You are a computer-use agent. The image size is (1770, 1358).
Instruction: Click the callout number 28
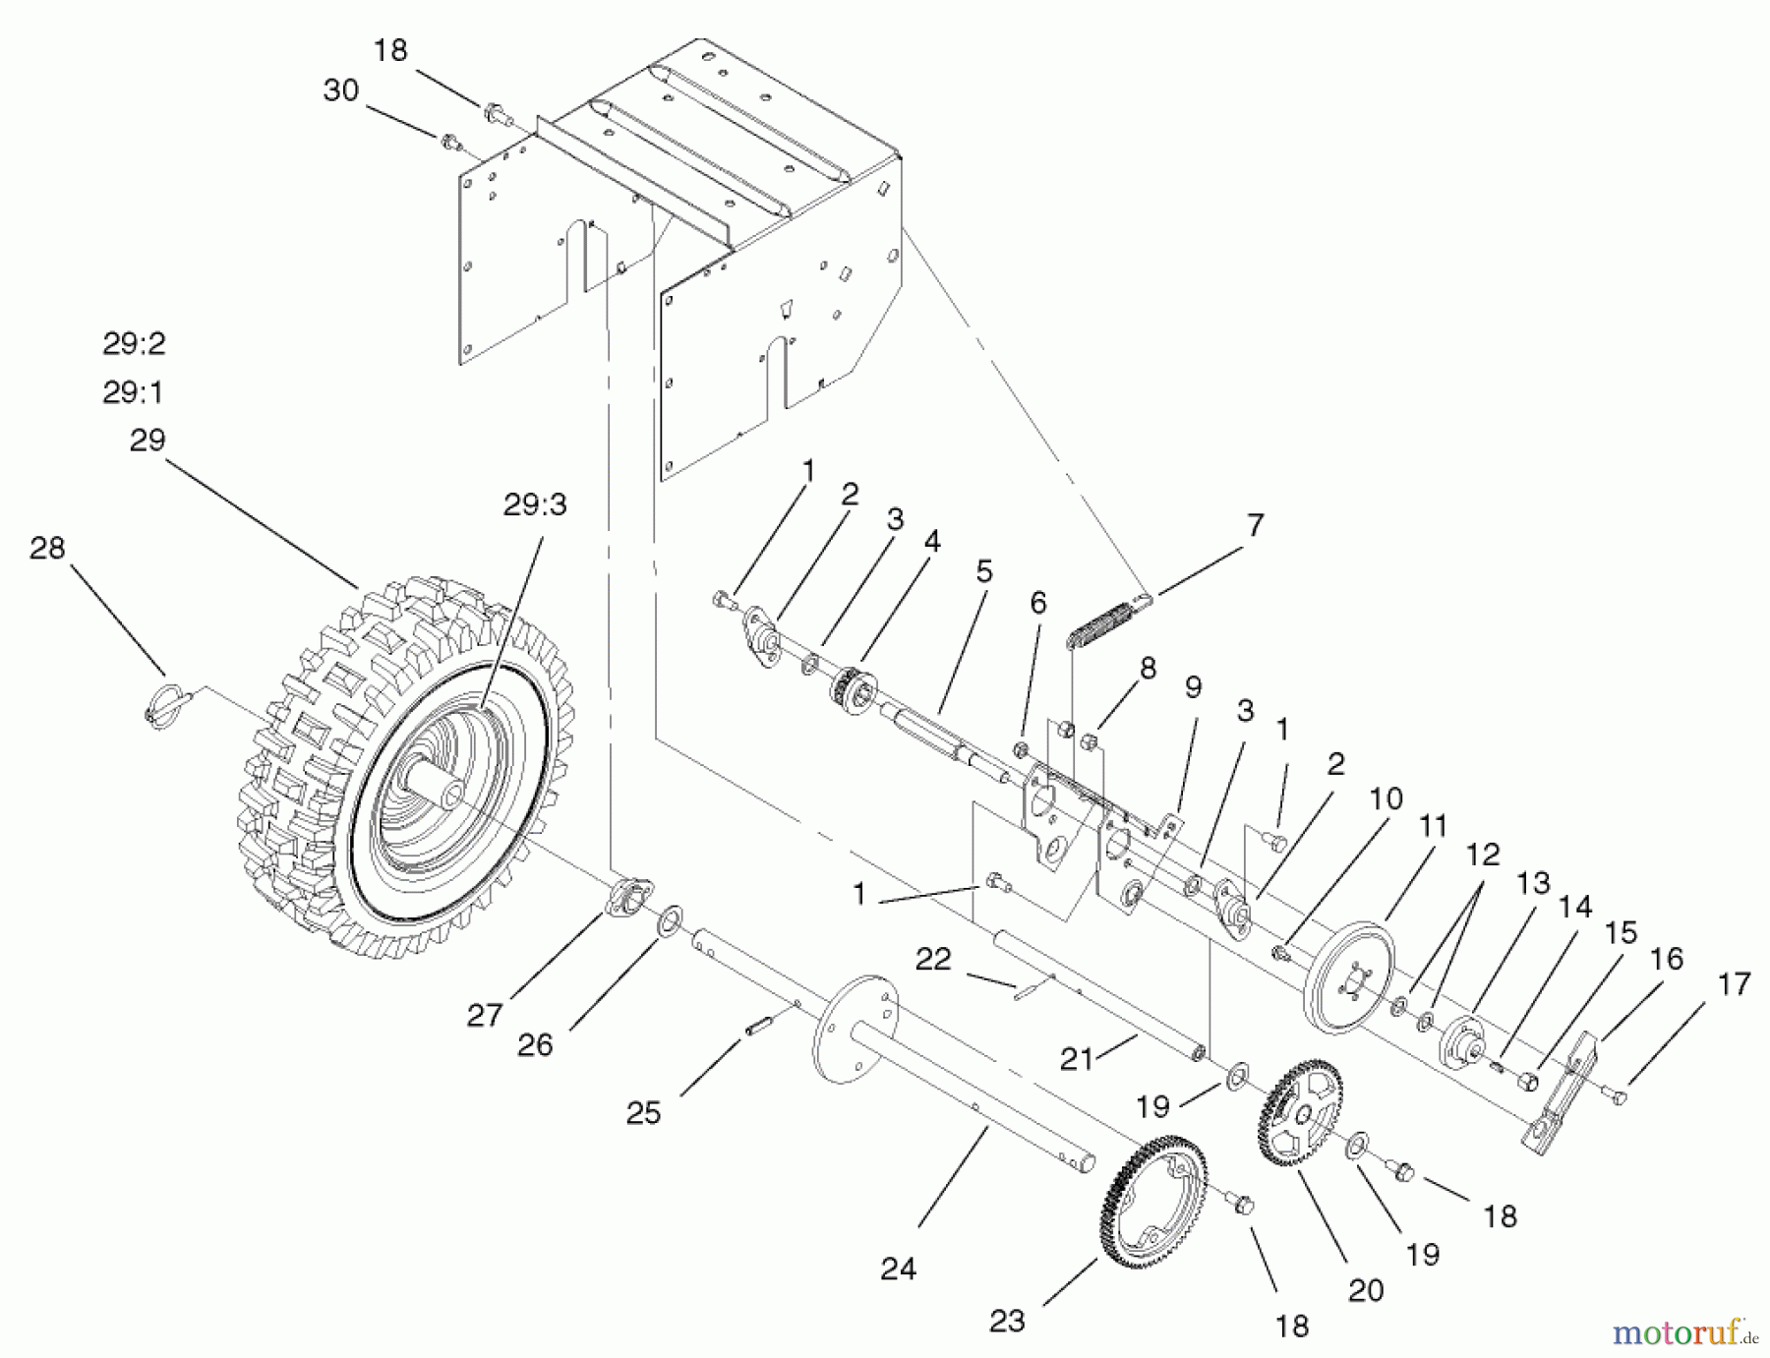click(x=47, y=548)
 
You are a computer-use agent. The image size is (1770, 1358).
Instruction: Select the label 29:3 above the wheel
click(x=535, y=504)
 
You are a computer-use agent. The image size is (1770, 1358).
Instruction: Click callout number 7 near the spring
click(x=1255, y=525)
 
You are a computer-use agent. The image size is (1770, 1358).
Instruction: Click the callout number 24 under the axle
click(x=898, y=1269)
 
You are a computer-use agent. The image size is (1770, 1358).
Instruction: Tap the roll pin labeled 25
click(x=756, y=1026)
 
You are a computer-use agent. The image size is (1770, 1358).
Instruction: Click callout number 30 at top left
click(x=340, y=90)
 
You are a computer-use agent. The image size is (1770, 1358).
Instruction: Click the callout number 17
click(x=1736, y=983)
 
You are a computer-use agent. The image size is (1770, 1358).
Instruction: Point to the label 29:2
click(x=134, y=343)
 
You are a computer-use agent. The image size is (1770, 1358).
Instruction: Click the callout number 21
click(x=1076, y=1058)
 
